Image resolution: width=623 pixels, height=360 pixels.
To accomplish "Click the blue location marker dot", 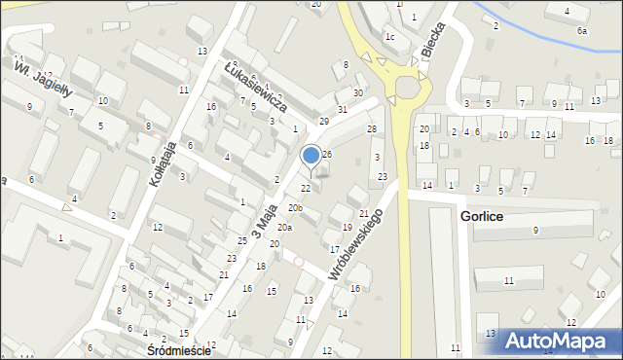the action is pos(311,155).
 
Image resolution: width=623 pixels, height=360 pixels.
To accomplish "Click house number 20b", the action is pos(294,208).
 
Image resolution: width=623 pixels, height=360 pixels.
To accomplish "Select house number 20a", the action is pos(283,227).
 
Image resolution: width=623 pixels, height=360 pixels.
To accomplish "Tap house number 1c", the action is pos(389,37).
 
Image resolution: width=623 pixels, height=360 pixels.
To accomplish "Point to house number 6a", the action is pos(582,31).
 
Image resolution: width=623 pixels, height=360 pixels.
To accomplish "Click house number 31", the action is pos(342,110).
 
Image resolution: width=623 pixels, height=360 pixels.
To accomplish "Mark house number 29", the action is pos(324,122).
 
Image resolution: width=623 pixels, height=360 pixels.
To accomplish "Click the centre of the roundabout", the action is pos(403,90).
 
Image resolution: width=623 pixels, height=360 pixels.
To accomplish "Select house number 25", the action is pos(241,240).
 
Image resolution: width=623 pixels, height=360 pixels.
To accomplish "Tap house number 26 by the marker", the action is pos(327,154).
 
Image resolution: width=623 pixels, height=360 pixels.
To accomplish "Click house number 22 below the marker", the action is pos(306,188).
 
